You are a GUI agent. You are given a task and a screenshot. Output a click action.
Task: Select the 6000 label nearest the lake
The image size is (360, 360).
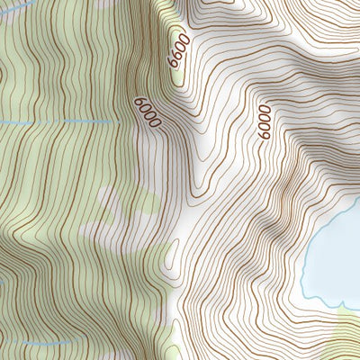pos(262,121)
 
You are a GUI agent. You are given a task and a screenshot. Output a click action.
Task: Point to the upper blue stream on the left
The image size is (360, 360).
pos(54,121)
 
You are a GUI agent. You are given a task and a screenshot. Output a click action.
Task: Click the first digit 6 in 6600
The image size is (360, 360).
pos(173,65)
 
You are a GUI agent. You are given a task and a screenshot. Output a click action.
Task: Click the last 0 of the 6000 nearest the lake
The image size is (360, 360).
pos(261,109)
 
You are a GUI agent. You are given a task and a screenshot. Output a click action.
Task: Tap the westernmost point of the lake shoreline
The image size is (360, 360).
pos(302,270)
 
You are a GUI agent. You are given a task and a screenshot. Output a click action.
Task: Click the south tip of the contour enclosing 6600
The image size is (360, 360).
pos(179,87)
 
